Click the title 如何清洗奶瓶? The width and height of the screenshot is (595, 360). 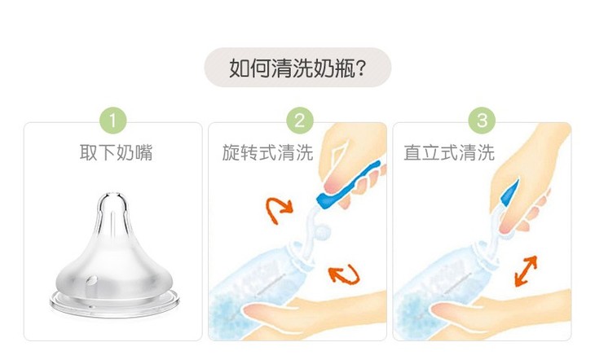click(x=297, y=68)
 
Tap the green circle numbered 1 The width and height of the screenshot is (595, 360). click(x=112, y=121)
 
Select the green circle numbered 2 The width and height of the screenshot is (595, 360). click(x=300, y=121)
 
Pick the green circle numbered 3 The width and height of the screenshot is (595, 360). click(x=482, y=121)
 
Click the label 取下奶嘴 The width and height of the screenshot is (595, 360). click(x=116, y=152)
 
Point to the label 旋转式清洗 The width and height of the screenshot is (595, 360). click(x=267, y=152)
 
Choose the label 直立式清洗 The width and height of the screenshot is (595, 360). click(x=449, y=152)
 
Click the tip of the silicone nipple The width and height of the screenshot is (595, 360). click(x=112, y=195)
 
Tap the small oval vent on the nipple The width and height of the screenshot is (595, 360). click(x=92, y=280)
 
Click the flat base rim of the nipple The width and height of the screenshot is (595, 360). click(x=114, y=304)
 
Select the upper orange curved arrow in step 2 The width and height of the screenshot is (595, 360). click(x=279, y=210)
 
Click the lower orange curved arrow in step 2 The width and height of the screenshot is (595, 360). click(x=344, y=274)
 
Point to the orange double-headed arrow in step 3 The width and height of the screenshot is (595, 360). click(x=526, y=270)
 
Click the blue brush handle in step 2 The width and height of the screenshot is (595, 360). click(x=347, y=186)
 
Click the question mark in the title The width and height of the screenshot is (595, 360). click(x=361, y=68)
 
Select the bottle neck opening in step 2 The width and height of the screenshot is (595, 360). click(x=302, y=255)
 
